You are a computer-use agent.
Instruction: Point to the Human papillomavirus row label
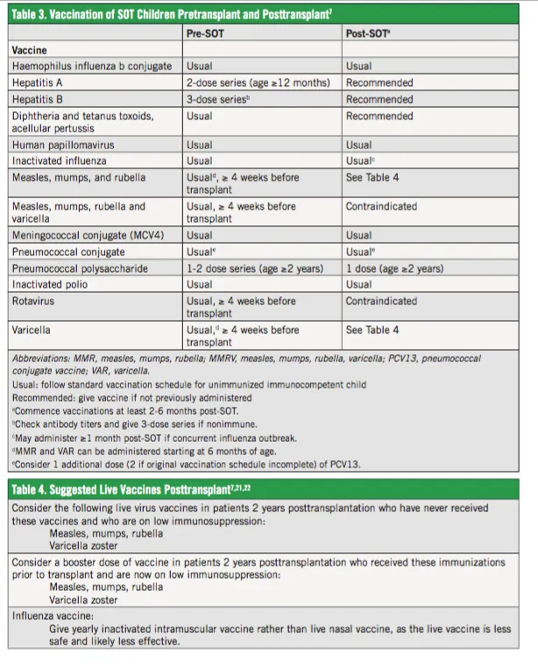[x=63, y=145]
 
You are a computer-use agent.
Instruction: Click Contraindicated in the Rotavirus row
[x=381, y=301]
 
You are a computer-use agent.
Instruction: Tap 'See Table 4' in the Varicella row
[x=372, y=331]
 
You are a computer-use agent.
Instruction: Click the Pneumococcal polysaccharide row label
[x=80, y=268]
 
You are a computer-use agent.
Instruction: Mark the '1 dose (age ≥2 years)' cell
[x=394, y=268]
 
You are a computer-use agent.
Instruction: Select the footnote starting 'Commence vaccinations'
[x=132, y=410]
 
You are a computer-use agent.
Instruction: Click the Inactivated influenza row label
[x=58, y=160]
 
